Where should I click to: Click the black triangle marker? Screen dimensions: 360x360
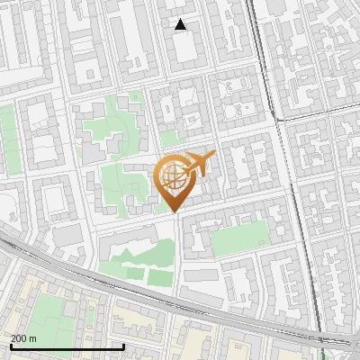tap(181, 24)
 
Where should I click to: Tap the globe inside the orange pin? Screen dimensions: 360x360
tap(173, 178)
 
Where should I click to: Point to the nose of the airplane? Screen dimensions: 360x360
tap(213, 155)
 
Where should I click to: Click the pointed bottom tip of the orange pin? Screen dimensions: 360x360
tap(174, 212)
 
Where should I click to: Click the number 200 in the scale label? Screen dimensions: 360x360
tap(18, 338)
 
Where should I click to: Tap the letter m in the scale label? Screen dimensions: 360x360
tap(33, 338)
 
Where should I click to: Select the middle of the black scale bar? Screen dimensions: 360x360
tap(67, 346)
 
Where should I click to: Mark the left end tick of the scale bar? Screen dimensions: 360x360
tap(11, 346)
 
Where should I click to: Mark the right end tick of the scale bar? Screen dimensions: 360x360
tap(124, 346)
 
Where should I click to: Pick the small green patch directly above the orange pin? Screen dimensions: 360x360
tap(169, 138)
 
